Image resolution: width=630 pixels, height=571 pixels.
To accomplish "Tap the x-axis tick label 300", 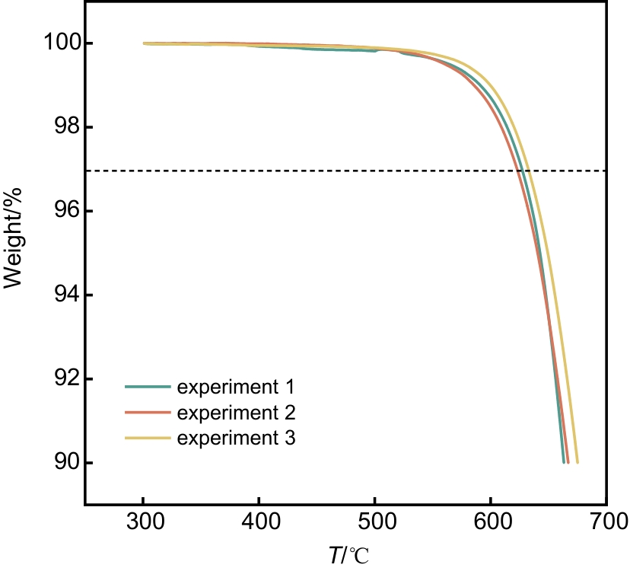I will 143,523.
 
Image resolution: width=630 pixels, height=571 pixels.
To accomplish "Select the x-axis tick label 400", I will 259,523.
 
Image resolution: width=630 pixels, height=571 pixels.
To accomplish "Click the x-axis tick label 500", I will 374,523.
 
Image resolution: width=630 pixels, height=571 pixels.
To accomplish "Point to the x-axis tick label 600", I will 490,523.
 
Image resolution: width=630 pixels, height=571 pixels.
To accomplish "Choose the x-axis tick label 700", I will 606,523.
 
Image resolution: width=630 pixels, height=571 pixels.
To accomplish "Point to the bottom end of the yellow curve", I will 577,462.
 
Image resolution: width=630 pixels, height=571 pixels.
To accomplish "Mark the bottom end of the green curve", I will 563,462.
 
